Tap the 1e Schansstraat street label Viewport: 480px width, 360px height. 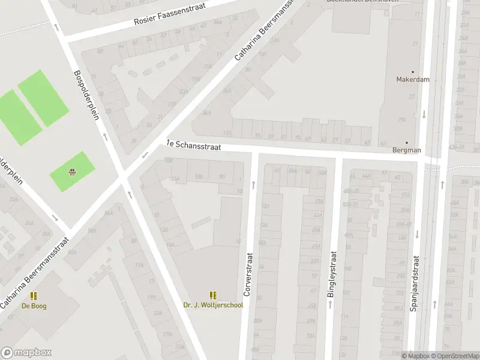pos(193,146)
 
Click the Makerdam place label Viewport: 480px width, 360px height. pos(413,79)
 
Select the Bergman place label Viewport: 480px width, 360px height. pos(406,150)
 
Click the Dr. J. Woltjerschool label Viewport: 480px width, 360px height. pos(213,305)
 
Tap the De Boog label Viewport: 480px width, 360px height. pos(34,306)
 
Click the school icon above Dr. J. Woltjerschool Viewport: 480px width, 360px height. pos(213,295)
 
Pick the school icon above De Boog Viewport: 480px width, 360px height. pos(34,296)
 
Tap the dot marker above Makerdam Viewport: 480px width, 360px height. pos(413,71)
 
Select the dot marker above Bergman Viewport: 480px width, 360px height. pos(406,142)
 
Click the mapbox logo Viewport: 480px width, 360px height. pos(26,353)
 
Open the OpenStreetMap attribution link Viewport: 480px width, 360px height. pos(455,356)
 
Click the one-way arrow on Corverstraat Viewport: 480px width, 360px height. pos(253,184)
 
